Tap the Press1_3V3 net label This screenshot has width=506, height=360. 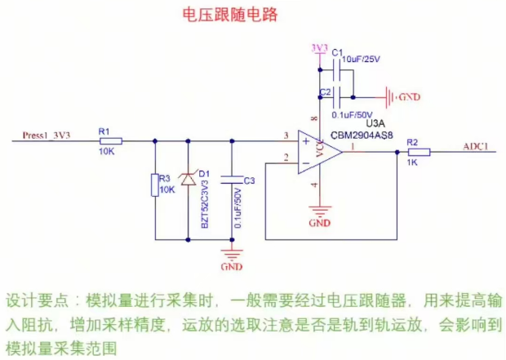[x=47, y=135]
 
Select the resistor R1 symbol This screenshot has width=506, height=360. [x=106, y=141]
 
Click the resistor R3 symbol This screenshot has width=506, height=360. [x=154, y=184]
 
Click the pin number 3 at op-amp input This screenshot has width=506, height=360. [x=286, y=135]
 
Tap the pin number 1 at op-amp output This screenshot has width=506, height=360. [x=352, y=146]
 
